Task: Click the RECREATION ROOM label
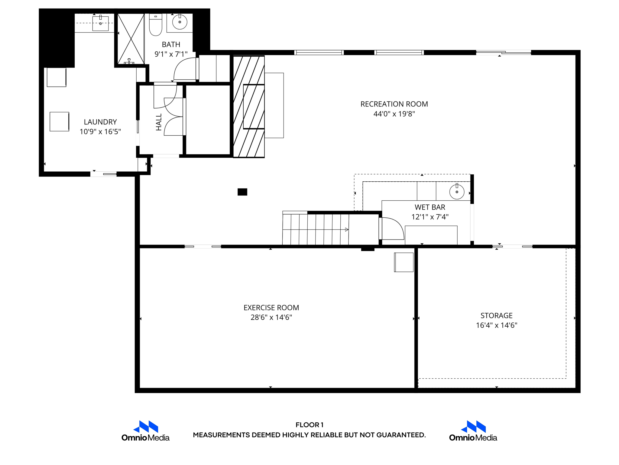pos(394,104)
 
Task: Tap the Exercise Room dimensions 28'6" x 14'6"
pos(271,317)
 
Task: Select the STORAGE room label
pos(496,315)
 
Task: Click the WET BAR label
pos(429,207)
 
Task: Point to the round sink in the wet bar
pos(457,192)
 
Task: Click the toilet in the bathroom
pos(156,26)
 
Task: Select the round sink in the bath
pos(180,22)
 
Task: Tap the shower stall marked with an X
pos(131,39)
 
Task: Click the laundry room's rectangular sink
pos(100,23)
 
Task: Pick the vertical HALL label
pos(159,122)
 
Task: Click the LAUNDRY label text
pos(100,122)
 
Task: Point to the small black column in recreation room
pos(242,192)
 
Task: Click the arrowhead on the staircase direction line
pos(347,229)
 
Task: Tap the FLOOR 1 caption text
pos(309,425)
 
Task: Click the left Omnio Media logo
pos(145,430)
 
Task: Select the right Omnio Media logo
pos(473,430)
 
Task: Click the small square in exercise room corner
pos(404,262)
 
